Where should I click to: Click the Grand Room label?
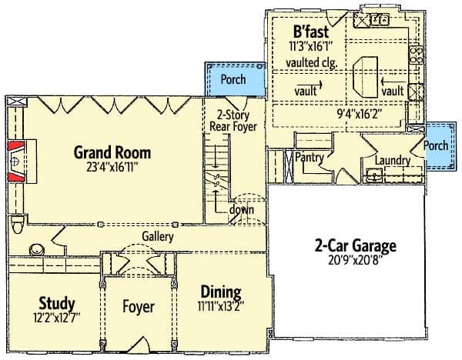pos(112,151)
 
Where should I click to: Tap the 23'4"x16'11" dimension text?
pos(112,164)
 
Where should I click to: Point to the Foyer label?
pos(139,307)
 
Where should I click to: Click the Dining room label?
pos(221,292)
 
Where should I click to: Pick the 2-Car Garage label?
pos(355,247)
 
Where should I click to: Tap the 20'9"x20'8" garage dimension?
pos(355,261)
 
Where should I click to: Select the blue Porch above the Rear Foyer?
pos(233,79)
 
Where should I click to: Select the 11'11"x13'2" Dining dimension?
pos(221,306)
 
